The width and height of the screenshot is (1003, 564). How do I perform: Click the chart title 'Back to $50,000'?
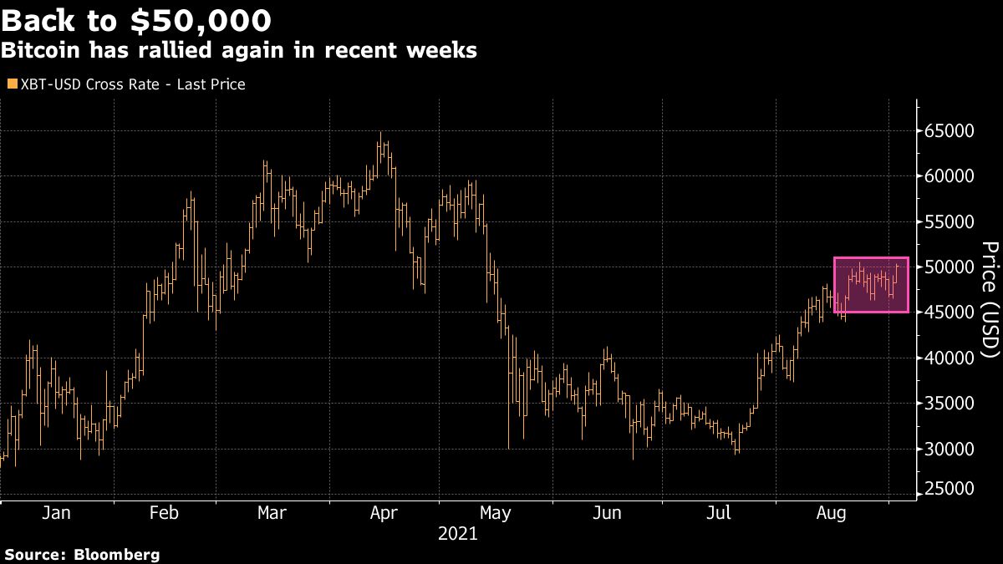click(136, 18)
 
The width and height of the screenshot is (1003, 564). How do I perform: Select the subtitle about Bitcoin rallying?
click(239, 50)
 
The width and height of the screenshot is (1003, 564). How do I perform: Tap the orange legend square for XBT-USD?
click(11, 84)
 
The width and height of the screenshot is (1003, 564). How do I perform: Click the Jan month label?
click(56, 513)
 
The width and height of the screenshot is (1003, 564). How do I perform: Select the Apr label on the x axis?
click(384, 513)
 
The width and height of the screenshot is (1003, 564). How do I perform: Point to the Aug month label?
click(829, 513)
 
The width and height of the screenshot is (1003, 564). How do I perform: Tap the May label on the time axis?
click(495, 513)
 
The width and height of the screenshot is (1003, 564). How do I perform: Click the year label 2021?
click(457, 534)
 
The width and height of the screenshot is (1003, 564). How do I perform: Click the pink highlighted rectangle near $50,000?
click(871, 285)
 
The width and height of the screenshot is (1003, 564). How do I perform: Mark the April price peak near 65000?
click(380, 133)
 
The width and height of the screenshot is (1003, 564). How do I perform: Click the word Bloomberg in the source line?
click(117, 554)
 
